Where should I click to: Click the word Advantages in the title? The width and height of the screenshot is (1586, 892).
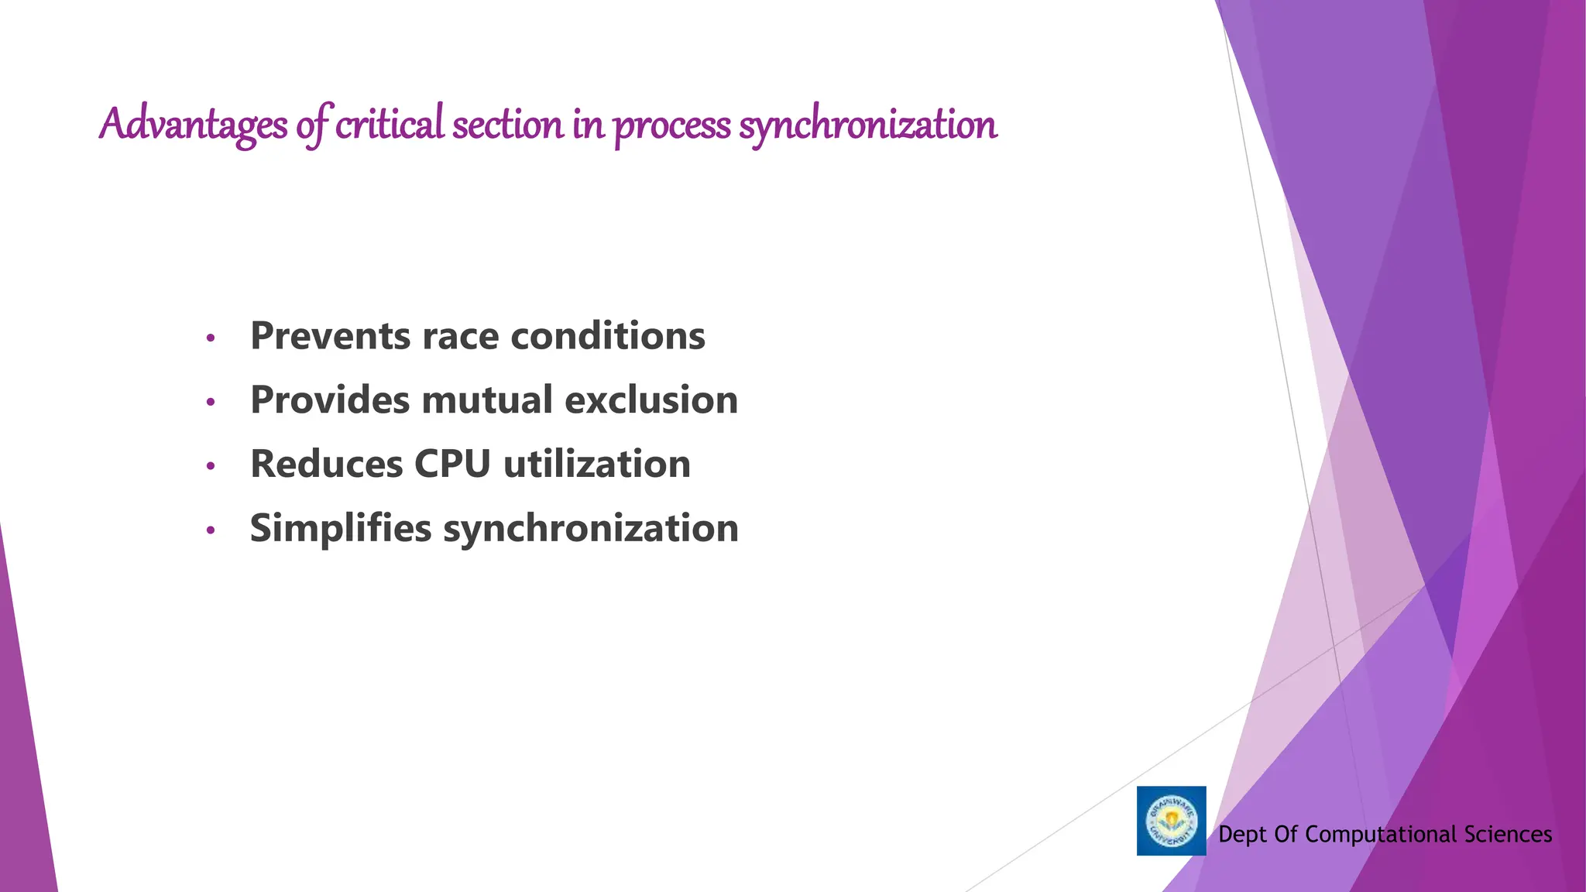point(193,125)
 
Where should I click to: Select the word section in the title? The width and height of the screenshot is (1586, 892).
point(508,125)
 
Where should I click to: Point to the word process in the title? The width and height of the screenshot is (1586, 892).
point(671,126)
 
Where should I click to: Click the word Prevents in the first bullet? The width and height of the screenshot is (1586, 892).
point(331,336)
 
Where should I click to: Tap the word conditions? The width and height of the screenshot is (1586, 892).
point(607,336)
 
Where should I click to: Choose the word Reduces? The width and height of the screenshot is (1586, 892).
point(327,465)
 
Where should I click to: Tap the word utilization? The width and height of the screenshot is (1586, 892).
point(596,465)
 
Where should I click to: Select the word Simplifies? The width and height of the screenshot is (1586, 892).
point(341,529)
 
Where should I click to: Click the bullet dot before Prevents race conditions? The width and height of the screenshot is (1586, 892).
point(210,338)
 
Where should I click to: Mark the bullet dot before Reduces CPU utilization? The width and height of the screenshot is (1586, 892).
point(210,466)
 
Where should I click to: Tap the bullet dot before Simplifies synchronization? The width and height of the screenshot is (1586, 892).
point(210,530)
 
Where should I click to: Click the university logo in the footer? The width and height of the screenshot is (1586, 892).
point(1171,821)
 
